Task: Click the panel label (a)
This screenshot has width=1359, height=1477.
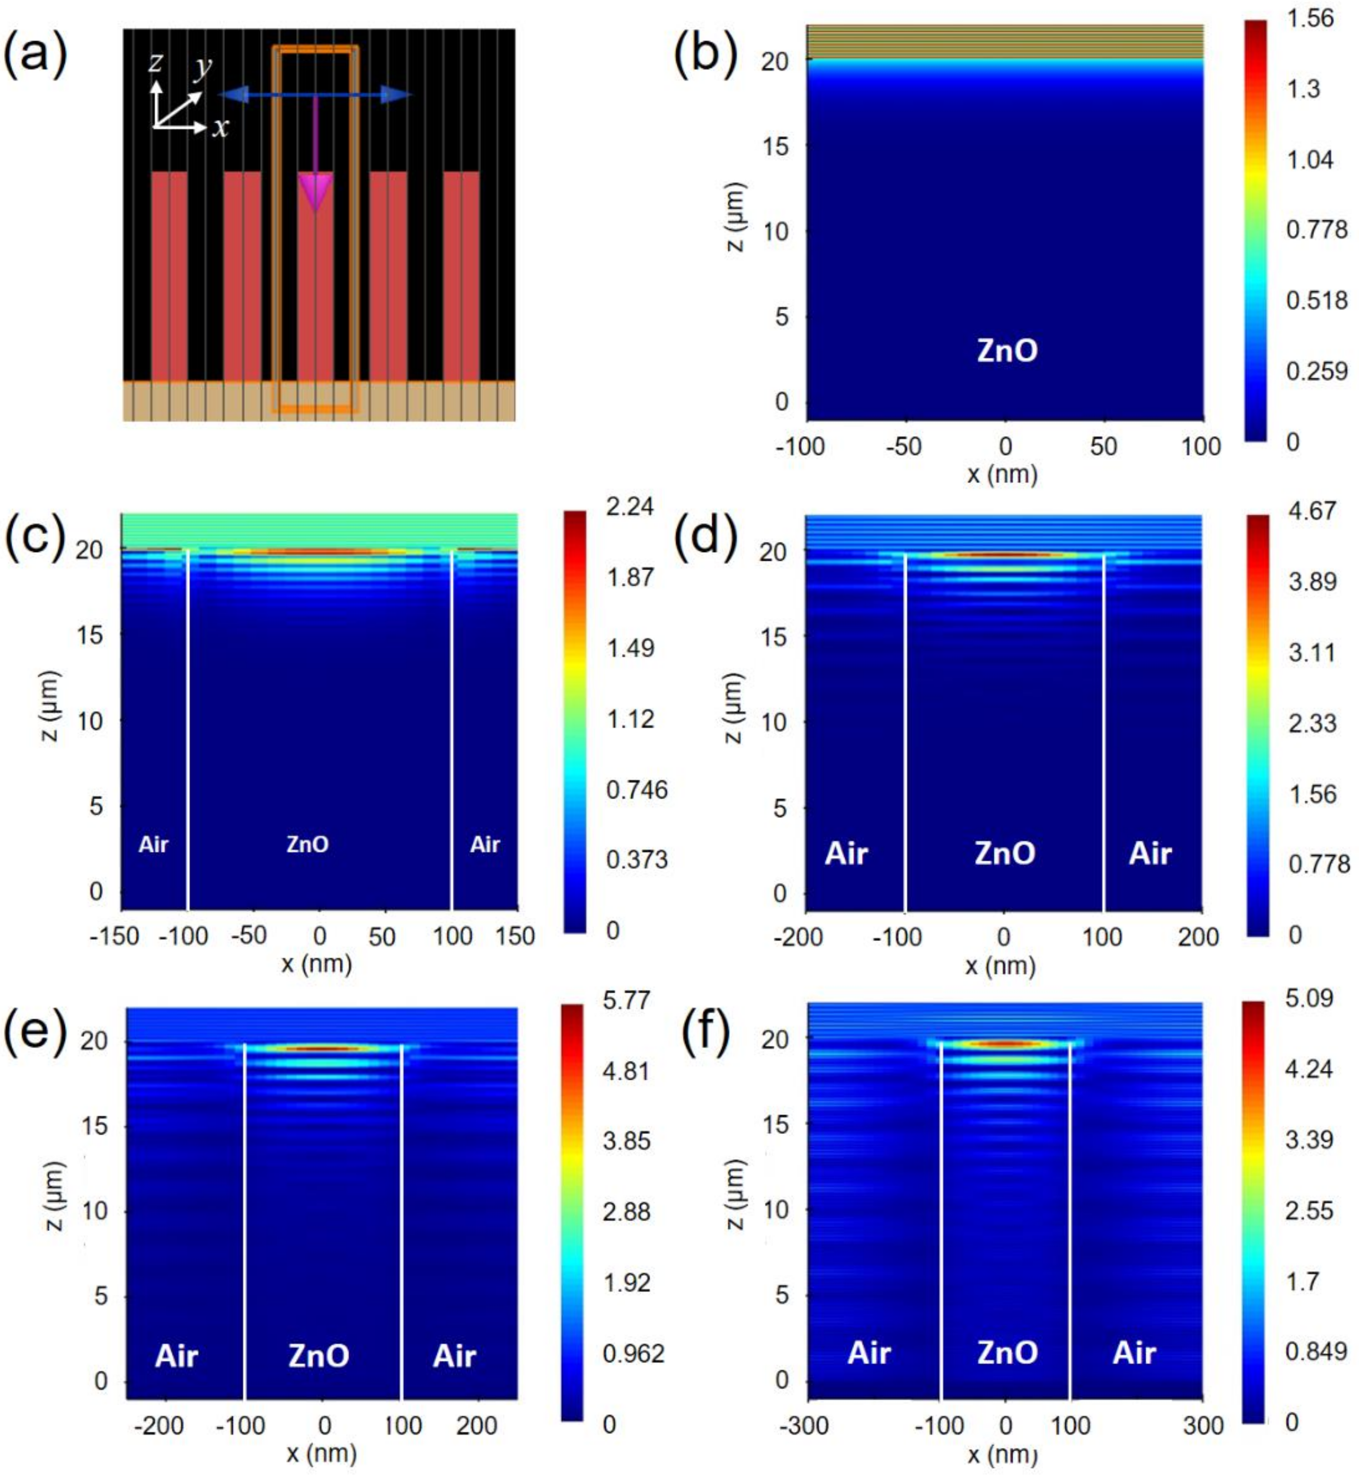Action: pyautogui.click(x=35, y=55)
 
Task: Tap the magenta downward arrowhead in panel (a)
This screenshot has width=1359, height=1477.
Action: pyautogui.click(x=316, y=193)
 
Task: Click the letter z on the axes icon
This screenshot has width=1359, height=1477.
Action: pyautogui.click(x=155, y=63)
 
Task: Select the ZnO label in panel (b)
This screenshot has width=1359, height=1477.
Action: pyautogui.click(x=1007, y=351)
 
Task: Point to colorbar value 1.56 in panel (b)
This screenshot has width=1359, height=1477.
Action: pyautogui.click(x=1310, y=18)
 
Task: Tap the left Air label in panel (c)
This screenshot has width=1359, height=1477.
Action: pyautogui.click(x=154, y=845)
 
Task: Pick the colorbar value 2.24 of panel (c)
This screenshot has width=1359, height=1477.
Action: pyautogui.click(x=630, y=507)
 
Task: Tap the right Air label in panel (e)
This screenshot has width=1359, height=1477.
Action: pyautogui.click(x=455, y=1356)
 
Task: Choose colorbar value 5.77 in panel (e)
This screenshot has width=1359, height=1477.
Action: pyautogui.click(x=626, y=1001)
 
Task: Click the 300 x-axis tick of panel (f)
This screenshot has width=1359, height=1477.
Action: pyautogui.click(x=1203, y=1425)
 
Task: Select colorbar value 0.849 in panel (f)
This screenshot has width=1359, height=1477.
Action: pyautogui.click(x=1316, y=1350)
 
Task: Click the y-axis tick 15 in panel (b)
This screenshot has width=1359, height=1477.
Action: pyautogui.click(x=774, y=146)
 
